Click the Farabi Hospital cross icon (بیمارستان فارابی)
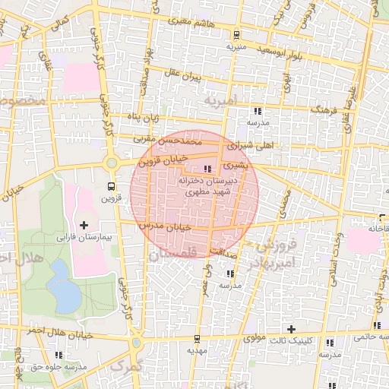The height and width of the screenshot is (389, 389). (x=84, y=225)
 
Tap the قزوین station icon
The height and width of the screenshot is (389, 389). (x=112, y=186)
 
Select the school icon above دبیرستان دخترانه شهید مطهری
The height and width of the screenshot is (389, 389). (x=208, y=169)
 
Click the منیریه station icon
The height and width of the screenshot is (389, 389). (x=236, y=34)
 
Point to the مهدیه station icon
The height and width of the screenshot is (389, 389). (x=198, y=338)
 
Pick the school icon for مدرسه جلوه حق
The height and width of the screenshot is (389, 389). (x=59, y=355)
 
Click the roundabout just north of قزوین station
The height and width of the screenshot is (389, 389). (x=112, y=163)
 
